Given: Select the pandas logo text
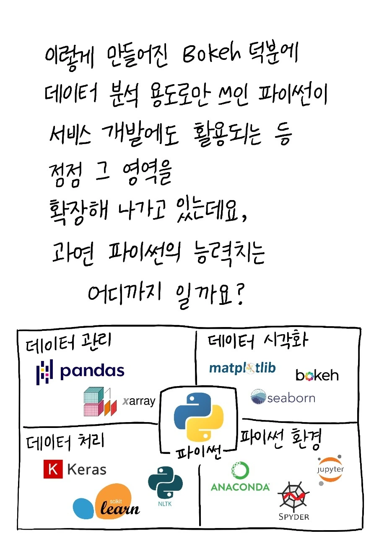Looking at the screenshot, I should tap(92, 371).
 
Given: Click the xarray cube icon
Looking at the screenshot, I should tap(99, 402).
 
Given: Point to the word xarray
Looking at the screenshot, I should tap(139, 401).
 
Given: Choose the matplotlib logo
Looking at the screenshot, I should tap(242, 368).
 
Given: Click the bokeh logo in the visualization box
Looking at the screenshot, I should tap(317, 375).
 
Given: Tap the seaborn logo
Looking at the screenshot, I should tap(283, 397).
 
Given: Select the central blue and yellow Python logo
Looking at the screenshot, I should tap(198, 419).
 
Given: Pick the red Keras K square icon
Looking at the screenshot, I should tap(53, 469).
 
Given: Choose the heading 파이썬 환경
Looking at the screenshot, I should tap(280, 438).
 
